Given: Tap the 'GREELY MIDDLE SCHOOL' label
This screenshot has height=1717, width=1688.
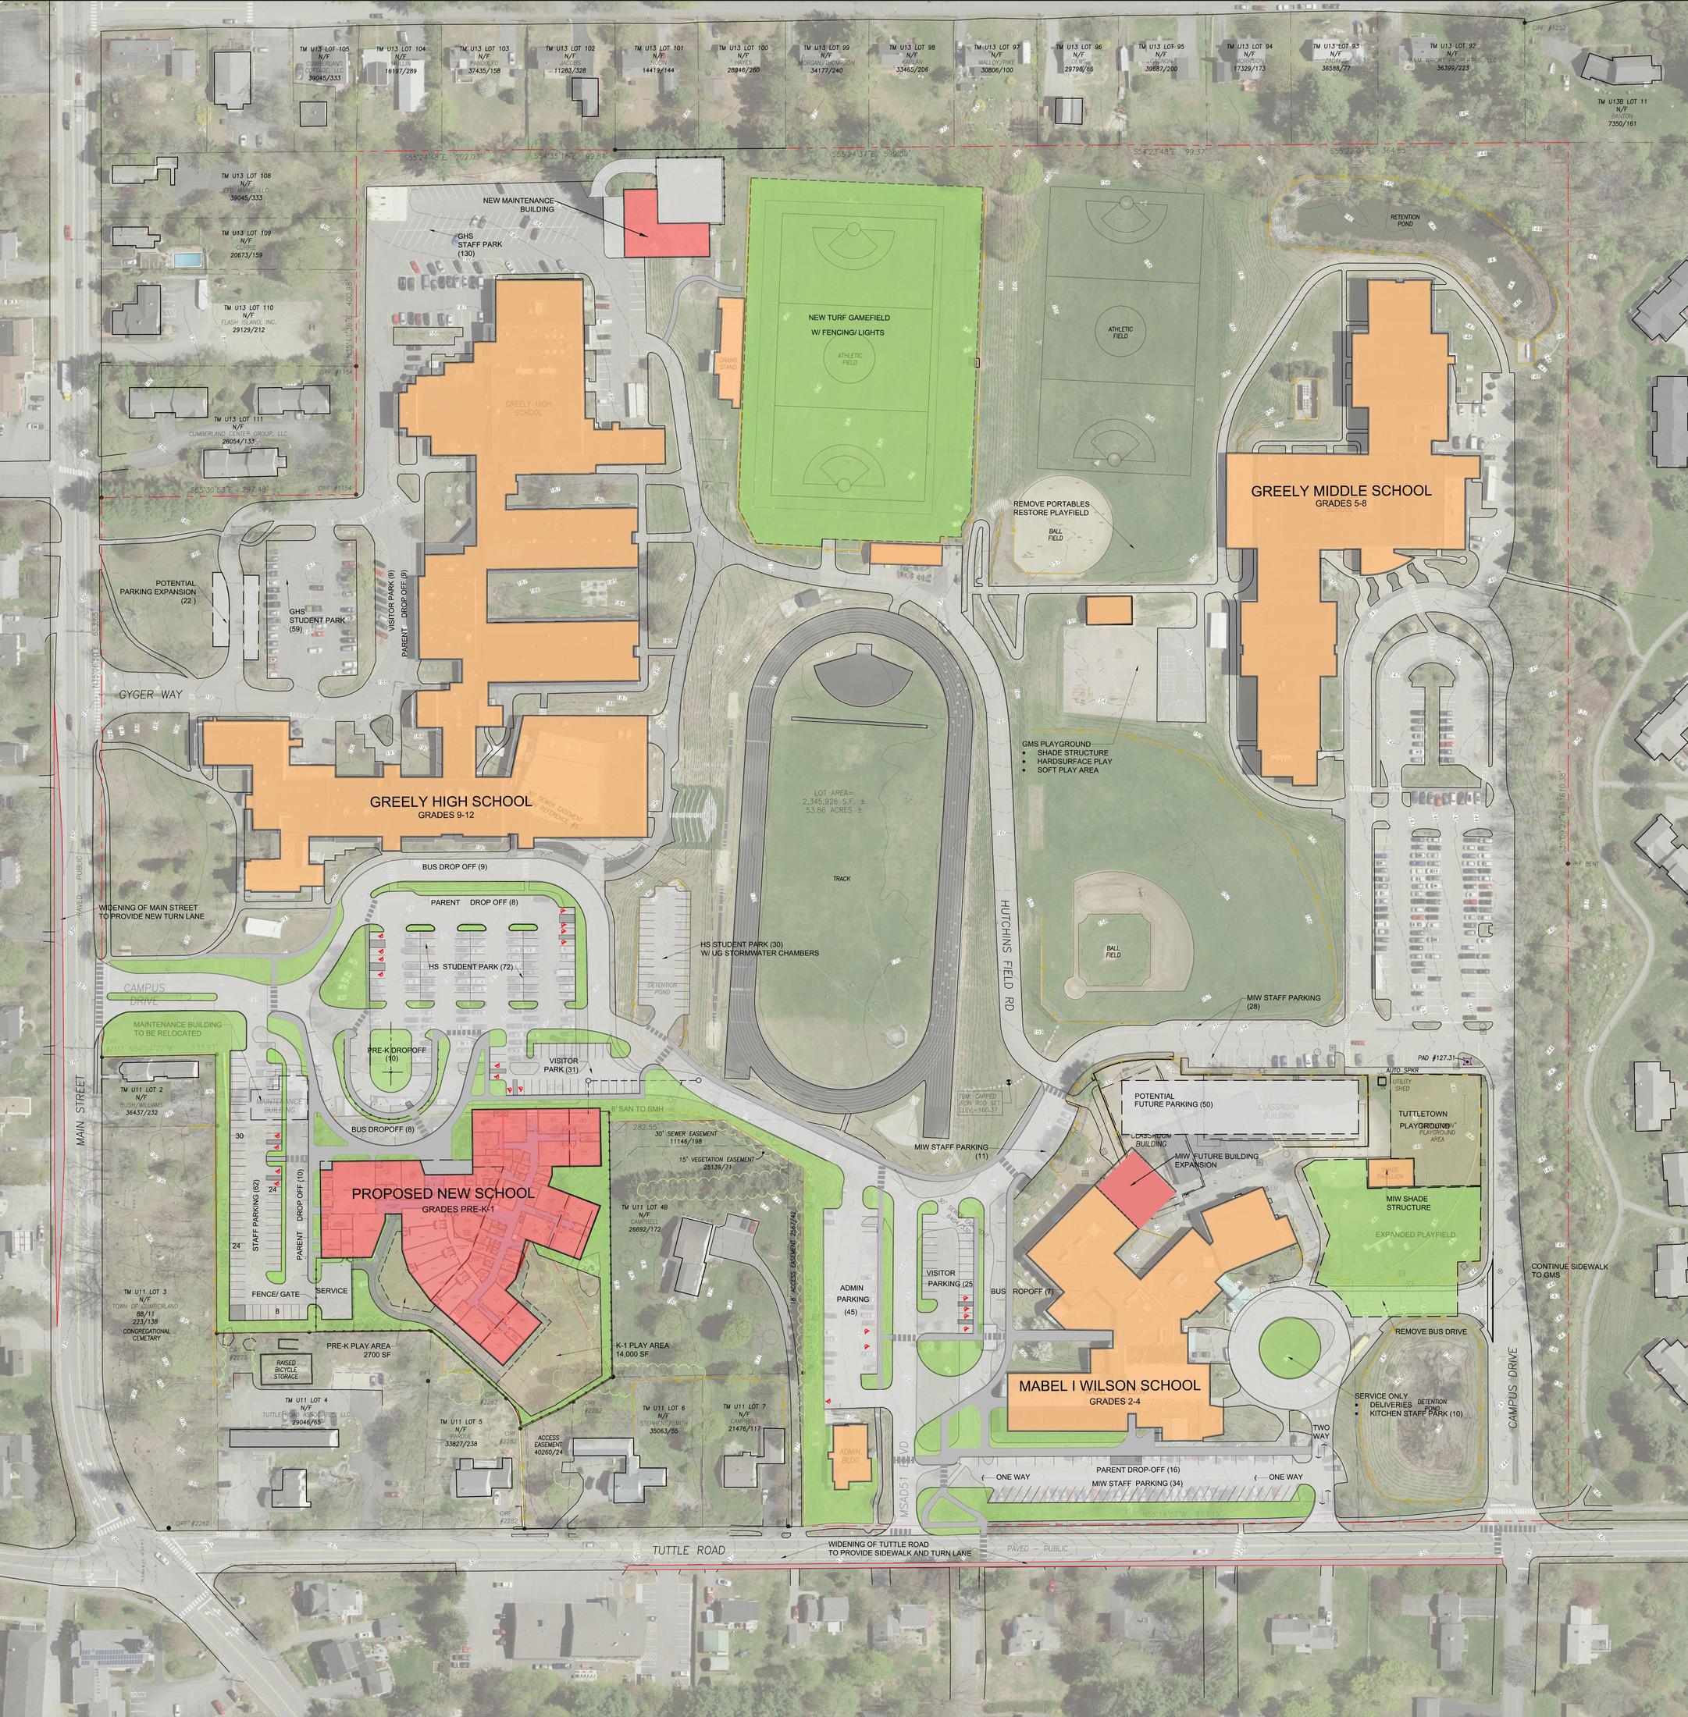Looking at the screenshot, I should (1341, 490).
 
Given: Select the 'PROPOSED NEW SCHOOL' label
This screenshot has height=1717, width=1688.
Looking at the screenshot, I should (443, 1193).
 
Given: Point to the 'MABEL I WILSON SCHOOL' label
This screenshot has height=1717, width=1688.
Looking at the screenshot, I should (1109, 1385).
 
